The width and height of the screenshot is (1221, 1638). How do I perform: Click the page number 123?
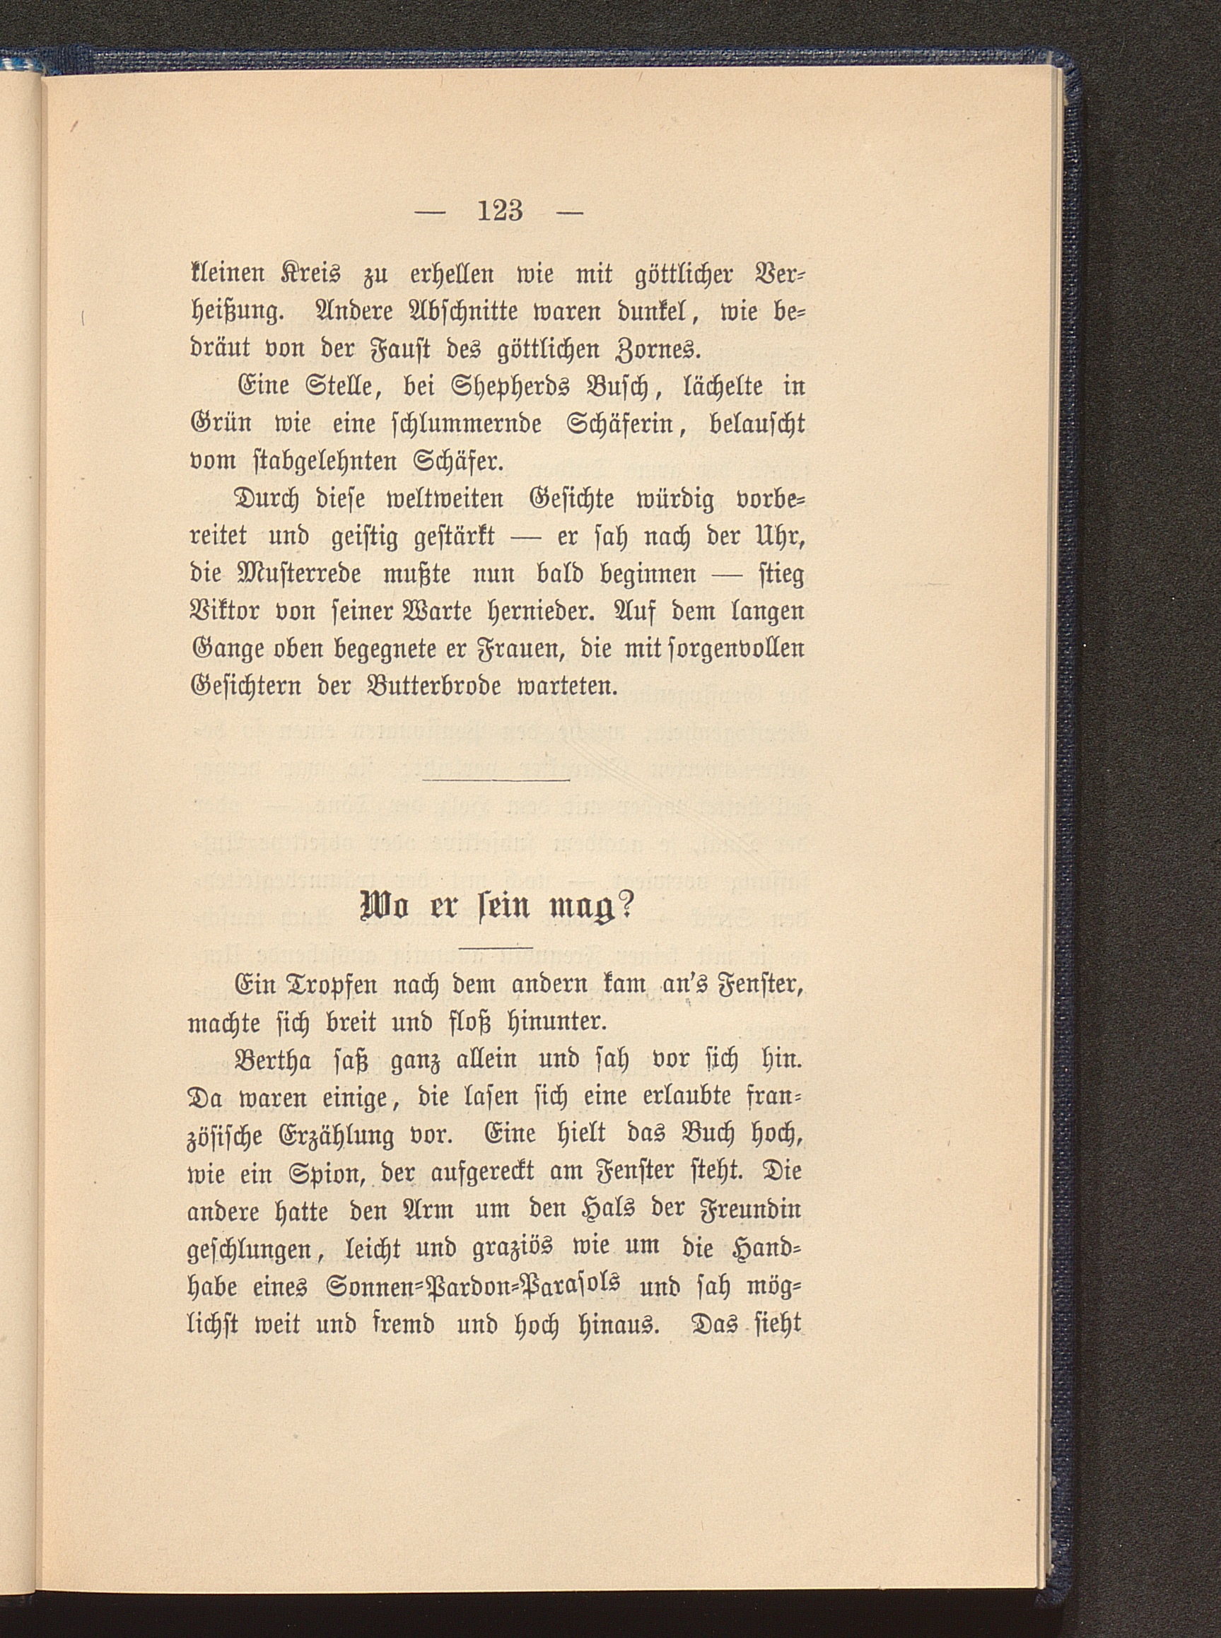point(501,211)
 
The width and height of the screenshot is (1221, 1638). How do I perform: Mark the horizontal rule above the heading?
point(498,780)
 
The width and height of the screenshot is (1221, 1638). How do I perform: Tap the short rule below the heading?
point(495,947)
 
